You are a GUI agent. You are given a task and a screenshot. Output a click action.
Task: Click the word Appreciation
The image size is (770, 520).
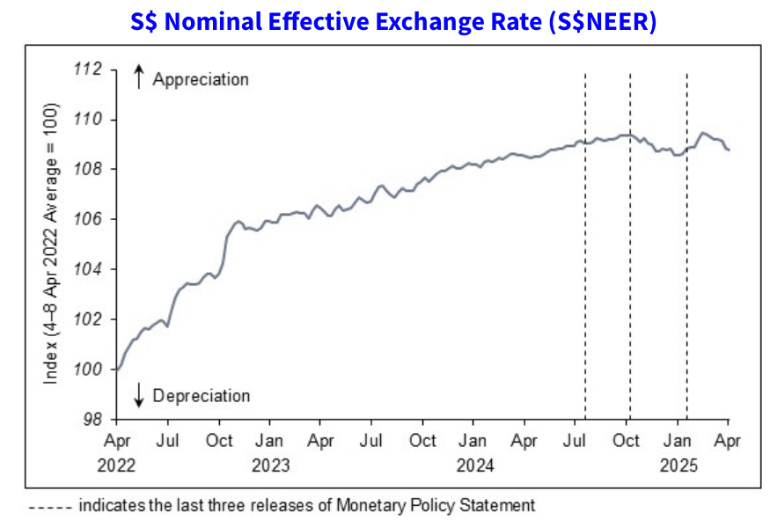point(201,79)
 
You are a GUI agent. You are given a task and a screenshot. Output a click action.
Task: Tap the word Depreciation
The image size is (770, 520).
point(202,396)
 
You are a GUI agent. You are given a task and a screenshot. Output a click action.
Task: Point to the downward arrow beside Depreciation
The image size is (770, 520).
point(138,397)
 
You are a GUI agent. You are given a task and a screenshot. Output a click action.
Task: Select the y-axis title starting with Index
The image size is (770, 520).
point(51,244)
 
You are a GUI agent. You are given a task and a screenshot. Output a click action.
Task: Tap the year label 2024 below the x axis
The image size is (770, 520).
point(474,465)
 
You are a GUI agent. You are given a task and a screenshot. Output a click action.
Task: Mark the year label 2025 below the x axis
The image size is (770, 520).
point(677,465)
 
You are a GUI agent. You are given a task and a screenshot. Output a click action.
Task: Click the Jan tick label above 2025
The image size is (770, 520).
point(677,440)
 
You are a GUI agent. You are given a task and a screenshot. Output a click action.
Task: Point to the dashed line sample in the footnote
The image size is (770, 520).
point(50,506)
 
